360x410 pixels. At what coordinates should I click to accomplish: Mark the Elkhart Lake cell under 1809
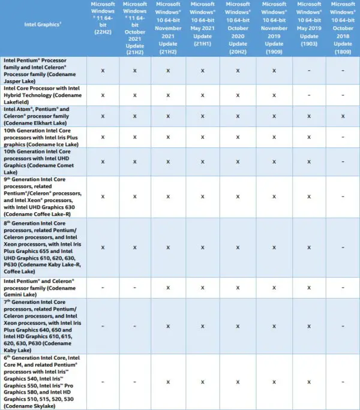[343, 116]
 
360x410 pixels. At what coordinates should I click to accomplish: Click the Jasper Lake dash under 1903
[308, 70]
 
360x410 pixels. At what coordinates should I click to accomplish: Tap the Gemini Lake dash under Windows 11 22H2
[103, 287]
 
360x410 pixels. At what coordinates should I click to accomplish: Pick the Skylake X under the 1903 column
[308, 381]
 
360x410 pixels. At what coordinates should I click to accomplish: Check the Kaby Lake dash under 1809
[343, 325]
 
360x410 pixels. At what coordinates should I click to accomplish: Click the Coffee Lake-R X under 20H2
[238, 196]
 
